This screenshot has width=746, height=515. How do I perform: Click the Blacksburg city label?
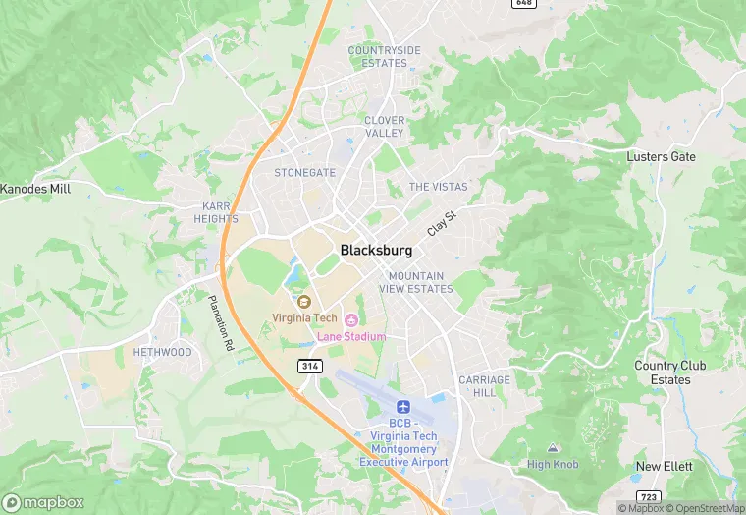376,251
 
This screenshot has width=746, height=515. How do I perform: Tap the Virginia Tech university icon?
303,301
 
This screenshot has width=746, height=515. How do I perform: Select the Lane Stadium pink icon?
350,319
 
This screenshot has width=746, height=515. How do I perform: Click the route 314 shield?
309,366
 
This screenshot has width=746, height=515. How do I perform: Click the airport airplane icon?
402,407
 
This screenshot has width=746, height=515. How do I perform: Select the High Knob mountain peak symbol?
552,448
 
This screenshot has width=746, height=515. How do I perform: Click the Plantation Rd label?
220,323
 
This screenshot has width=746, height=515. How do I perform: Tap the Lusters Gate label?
662,157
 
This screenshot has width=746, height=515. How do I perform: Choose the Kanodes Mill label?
35,189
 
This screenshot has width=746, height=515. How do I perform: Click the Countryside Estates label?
384,56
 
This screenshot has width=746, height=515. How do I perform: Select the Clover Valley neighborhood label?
384,127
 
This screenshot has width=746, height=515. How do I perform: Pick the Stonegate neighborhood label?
304,172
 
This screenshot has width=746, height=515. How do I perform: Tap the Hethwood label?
163,352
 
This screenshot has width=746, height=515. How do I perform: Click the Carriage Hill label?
485,386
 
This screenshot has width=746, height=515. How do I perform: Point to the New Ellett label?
664,467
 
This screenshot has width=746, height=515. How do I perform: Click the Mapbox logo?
42,502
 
